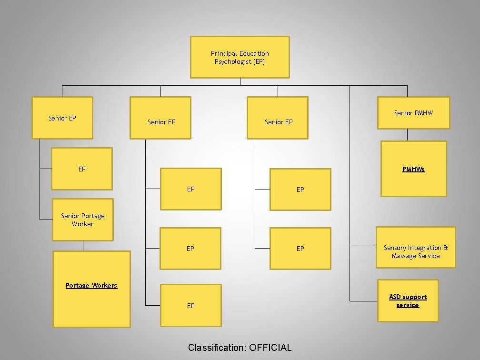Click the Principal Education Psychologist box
(x=240, y=57)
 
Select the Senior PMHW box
(x=413, y=113)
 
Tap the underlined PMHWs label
(x=413, y=169)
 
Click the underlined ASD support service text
(x=408, y=301)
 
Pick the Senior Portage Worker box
(x=83, y=220)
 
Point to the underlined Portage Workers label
(x=91, y=286)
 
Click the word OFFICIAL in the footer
(x=270, y=348)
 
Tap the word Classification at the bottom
(x=216, y=348)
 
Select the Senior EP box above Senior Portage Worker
(x=62, y=118)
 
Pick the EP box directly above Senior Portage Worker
(x=82, y=169)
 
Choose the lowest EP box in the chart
(x=190, y=306)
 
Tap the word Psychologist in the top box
(x=233, y=62)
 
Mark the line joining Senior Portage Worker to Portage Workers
(x=83, y=246)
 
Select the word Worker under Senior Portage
(x=83, y=224)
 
